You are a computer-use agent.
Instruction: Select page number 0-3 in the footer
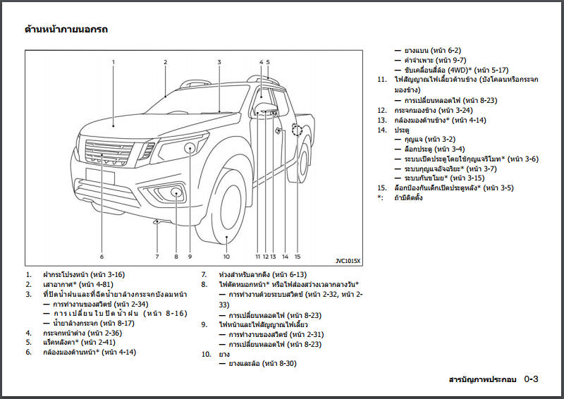pos(531,380)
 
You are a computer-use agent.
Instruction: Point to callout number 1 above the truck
pos(113,62)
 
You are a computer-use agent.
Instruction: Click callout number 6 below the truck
pos(102,257)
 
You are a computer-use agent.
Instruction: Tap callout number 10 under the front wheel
pos(226,257)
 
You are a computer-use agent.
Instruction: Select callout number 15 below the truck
pos(298,257)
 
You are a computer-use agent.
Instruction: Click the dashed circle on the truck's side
pos(297,130)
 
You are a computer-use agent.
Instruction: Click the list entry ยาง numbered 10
pos(226,354)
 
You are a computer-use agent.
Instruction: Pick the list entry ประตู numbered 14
pos(402,130)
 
